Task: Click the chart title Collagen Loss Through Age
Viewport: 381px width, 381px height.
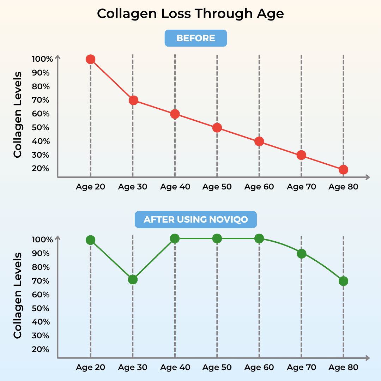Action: pyautogui.click(x=190, y=14)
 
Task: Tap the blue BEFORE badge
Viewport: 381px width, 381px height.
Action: pyautogui.click(x=196, y=38)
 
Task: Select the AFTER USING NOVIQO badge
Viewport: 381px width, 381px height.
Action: pyautogui.click(x=196, y=219)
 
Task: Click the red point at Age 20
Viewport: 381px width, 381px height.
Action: pyautogui.click(x=90, y=59)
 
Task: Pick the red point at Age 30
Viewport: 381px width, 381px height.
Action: pyautogui.click(x=133, y=100)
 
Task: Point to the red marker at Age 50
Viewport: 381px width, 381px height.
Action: pyautogui.click(x=217, y=128)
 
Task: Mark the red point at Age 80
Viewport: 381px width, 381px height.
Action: pyautogui.click(x=343, y=170)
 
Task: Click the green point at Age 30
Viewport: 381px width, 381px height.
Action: pyautogui.click(x=133, y=280)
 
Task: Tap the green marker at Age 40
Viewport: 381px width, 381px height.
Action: pyautogui.click(x=175, y=239)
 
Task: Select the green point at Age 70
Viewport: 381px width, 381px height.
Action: pyautogui.click(x=301, y=254)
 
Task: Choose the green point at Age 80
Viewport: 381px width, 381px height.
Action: pyautogui.click(x=343, y=281)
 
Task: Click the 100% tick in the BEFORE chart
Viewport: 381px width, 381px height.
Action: pyautogui.click(x=42, y=59)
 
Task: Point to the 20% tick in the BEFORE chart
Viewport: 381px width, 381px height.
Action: pyautogui.click(x=41, y=169)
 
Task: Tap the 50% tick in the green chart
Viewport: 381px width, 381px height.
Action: pyautogui.click(x=41, y=308)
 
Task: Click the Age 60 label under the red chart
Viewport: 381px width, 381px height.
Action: pyautogui.click(x=259, y=187)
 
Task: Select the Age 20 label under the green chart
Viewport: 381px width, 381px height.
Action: pyautogui.click(x=90, y=367)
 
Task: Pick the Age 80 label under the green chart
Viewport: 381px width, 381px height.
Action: pyautogui.click(x=343, y=367)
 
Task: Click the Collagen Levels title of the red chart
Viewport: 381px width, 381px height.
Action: pyautogui.click(x=18, y=115)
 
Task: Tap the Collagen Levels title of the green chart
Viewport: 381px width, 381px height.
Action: pyautogui.click(x=18, y=296)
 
